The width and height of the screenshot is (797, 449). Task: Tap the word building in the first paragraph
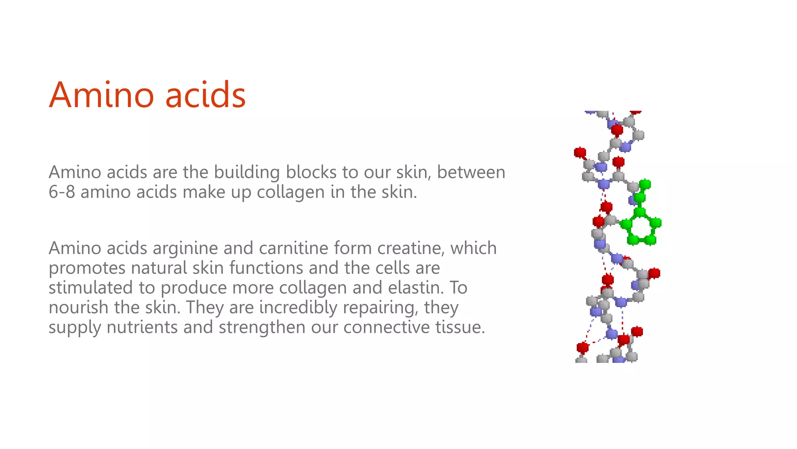coord(247,173)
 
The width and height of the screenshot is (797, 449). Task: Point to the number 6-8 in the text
coord(61,192)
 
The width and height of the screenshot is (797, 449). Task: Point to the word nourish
coord(78,307)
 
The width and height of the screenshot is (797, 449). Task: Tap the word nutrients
coord(142,327)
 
